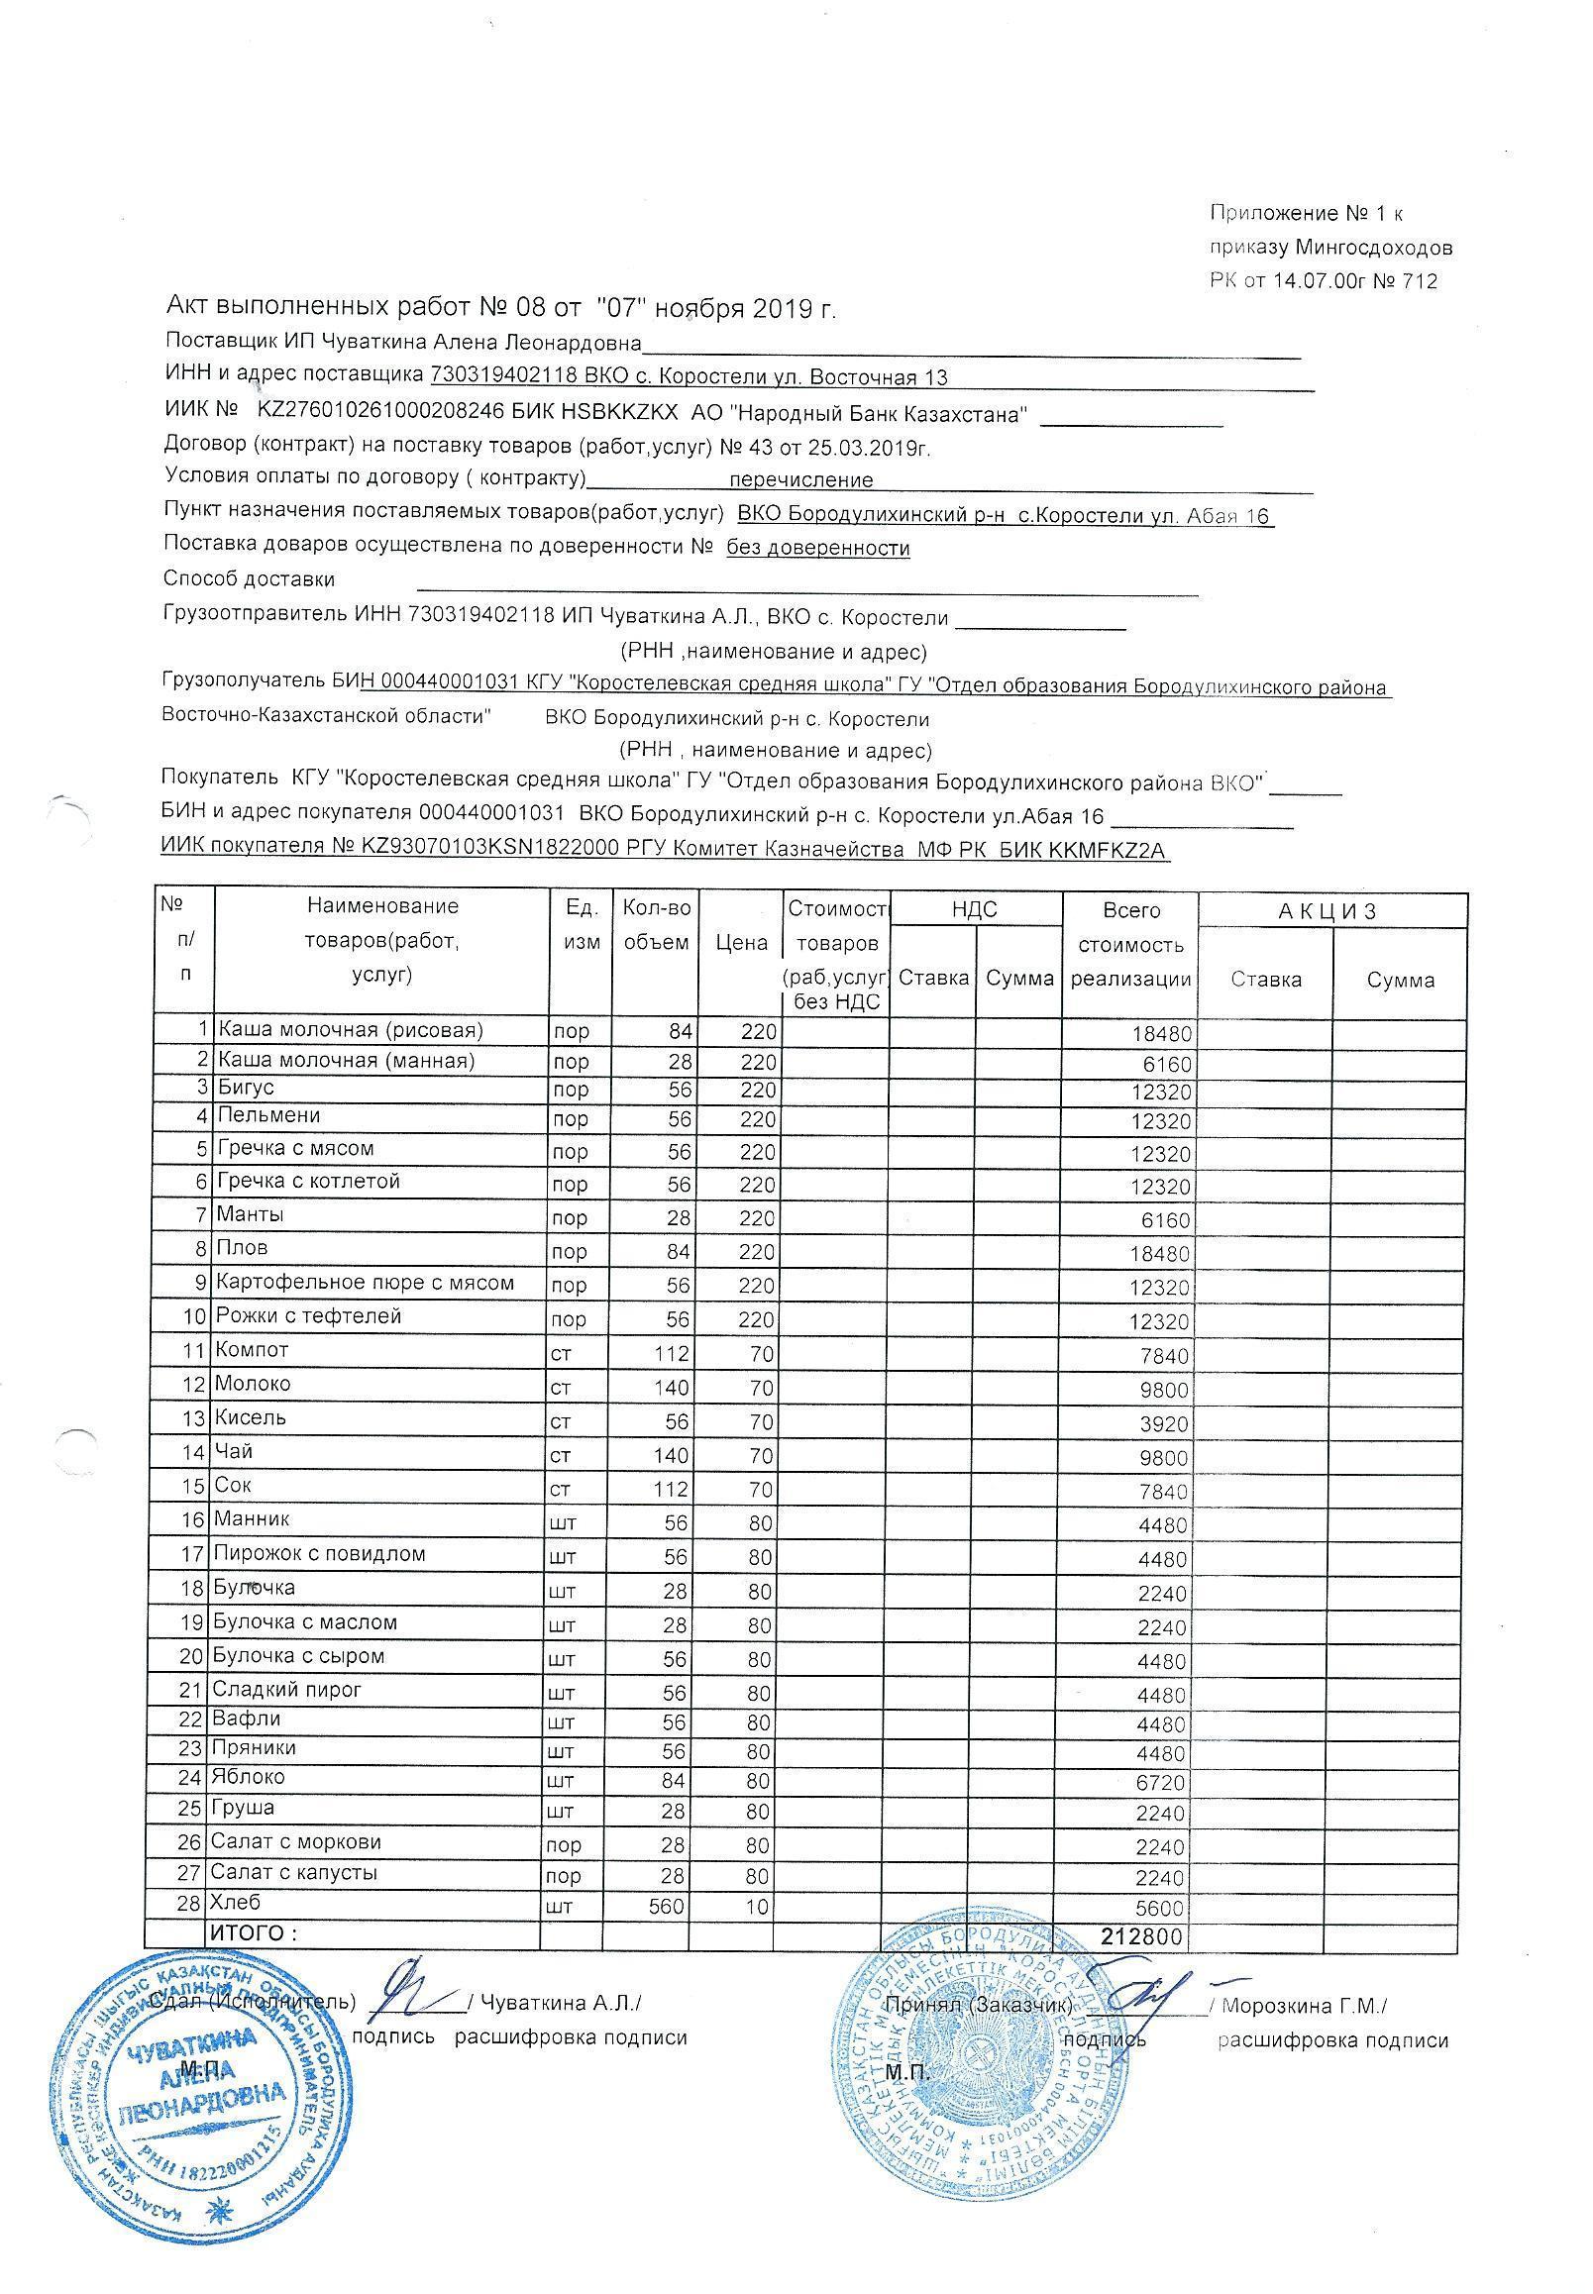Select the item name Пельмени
pos(268,1114)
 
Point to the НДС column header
pos(974,908)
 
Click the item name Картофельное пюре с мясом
pos(366,1283)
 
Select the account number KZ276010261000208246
pos(381,412)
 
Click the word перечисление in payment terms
pos(800,480)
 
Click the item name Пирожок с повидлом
pos(318,1554)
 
